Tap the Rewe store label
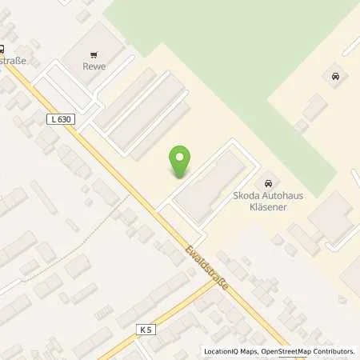click(94, 66)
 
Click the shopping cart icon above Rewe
click(94, 55)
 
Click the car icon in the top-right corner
click(334, 77)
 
